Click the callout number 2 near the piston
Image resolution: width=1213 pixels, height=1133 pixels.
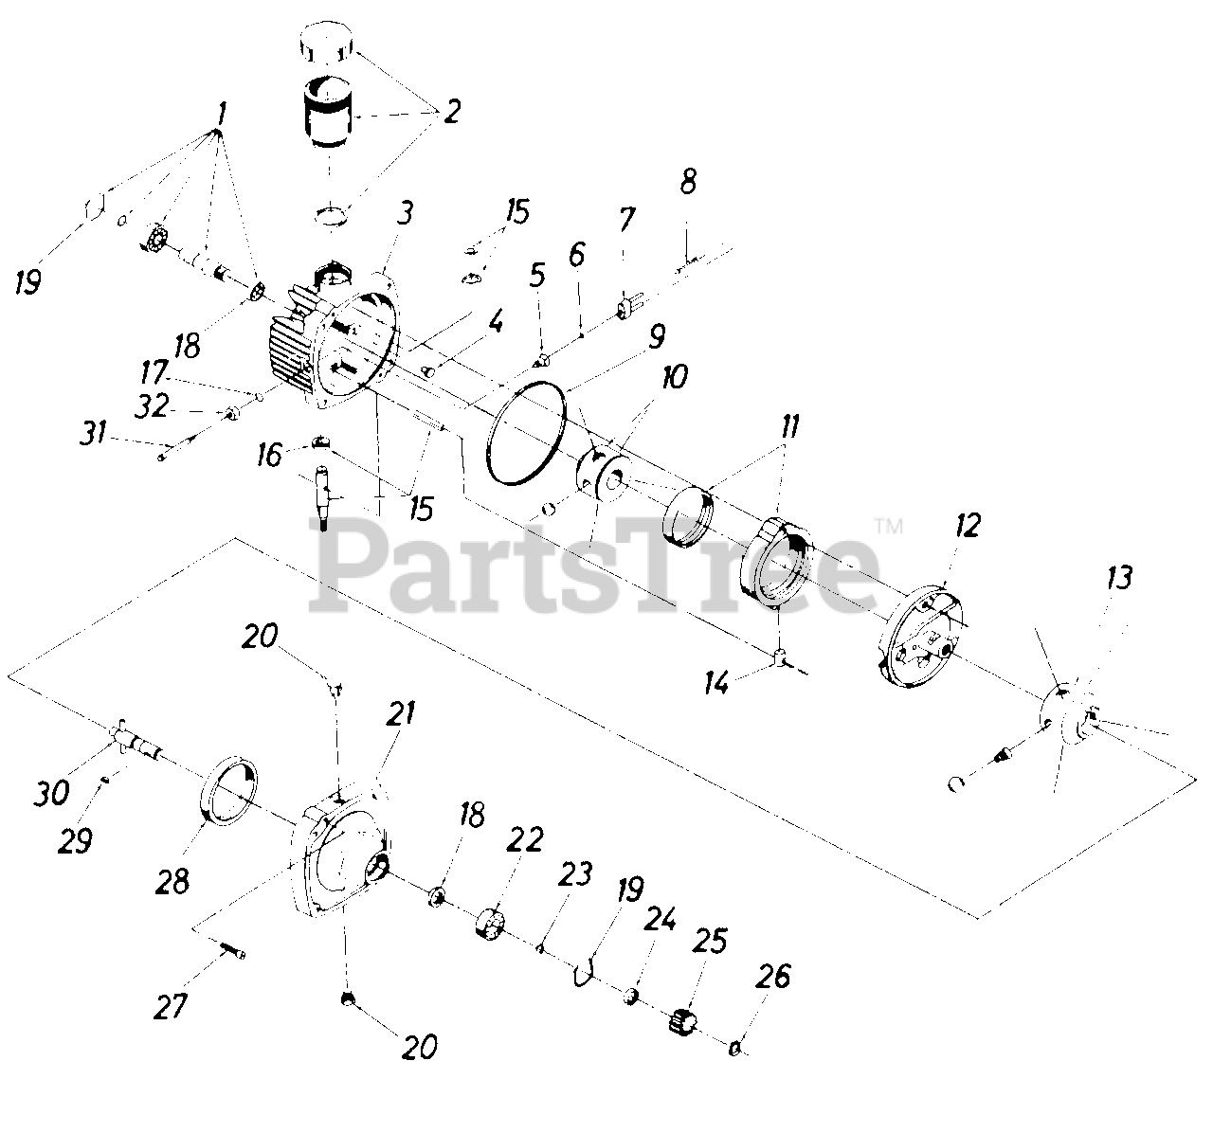pyautogui.click(x=451, y=112)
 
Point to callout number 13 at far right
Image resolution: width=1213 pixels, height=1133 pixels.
pyautogui.click(x=1119, y=577)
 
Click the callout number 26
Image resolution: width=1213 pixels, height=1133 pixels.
pyautogui.click(x=774, y=977)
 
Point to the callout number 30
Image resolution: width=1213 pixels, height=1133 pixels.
pyautogui.click(x=53, y=791)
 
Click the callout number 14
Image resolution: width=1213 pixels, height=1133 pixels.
pyautogui.click(x=717, y=681)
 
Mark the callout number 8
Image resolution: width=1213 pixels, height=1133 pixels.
pyautogui.click(x=688, y=182)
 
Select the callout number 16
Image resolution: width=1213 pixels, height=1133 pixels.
pyautogui.click(x=270, y=456)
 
